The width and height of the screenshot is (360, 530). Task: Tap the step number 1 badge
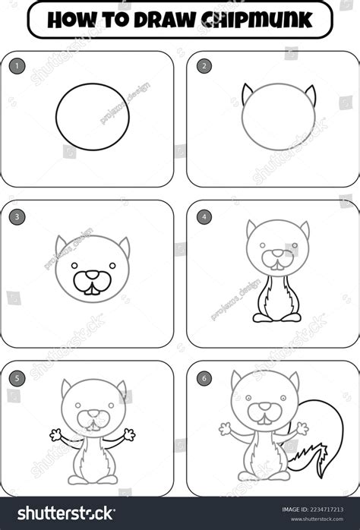pos(17,66)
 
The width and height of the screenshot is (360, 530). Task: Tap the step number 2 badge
pos(204,66)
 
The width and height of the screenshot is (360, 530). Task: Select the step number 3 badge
pos(17,216)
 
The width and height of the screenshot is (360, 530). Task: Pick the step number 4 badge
pos(204,216)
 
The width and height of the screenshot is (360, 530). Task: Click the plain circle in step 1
pos(92,116)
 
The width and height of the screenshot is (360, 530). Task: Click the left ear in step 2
pos(247,94)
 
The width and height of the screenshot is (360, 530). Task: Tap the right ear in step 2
pos(310,94)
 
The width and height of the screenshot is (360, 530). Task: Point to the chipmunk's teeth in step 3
pos(91,287)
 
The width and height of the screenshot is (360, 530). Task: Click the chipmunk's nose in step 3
pos(91,275)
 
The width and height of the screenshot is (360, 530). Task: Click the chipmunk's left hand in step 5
pos(55,435)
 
